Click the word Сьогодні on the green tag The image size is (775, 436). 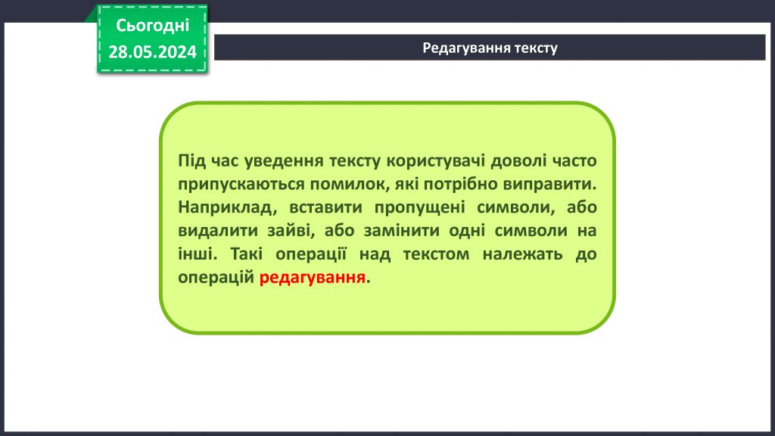[x=152, y=26]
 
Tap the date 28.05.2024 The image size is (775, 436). [x=152, y=51]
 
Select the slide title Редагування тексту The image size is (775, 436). [x=490, y=48]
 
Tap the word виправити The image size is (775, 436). [x=554, y=184]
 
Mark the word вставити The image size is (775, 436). [x=316, y=207]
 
